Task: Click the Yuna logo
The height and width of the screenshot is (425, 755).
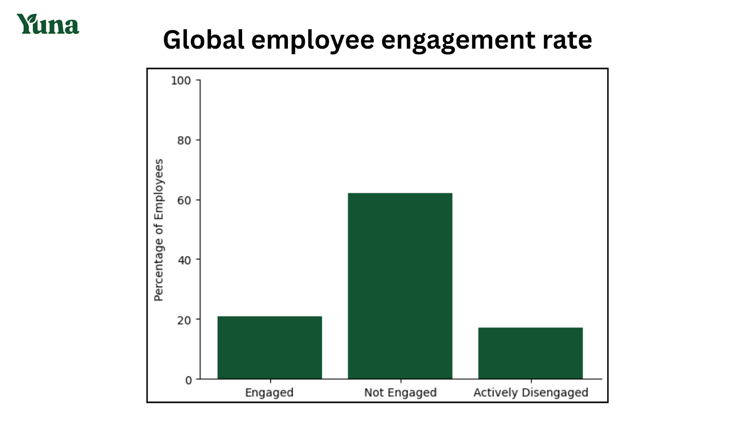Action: pyautogui.click(x=48, y=24)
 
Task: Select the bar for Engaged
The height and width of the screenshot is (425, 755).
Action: pyautogui.click(x=269, y=348)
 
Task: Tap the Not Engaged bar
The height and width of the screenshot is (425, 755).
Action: pyautogui.click(x=400, y=286)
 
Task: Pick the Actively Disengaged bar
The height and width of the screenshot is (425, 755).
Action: pyautogui.click(x=530, y=353)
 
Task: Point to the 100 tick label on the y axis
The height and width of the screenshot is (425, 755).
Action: pyautogui.click(x=181, y=81)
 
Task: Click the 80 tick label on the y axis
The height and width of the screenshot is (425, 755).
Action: pyautogui.click(x=184, y=141)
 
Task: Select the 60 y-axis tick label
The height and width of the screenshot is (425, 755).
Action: pyautogui.click(x=184, y=200)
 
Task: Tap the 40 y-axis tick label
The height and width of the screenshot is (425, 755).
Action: pyautogui.click(x=184, y=260)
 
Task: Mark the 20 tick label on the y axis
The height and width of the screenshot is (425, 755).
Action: pyautogui.click(x=184, y=320)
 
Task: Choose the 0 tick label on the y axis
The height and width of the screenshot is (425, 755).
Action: pyautogui.click(x=188, y=380)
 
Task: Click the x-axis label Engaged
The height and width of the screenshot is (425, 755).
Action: pyautogui.click(x=269, y=392)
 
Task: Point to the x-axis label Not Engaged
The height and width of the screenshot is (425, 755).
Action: pyautogui.click(x=400, y=392)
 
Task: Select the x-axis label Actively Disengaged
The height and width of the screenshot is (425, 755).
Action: pyautogui.click(x=530, y=392)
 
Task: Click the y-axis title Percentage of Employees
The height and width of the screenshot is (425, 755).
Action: pyautogui.click(x=159, y=230)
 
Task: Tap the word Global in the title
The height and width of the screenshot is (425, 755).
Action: pyautogui.click(x=203, y=40)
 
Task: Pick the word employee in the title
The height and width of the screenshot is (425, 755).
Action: pyautogui.click(x=312, y=41)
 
